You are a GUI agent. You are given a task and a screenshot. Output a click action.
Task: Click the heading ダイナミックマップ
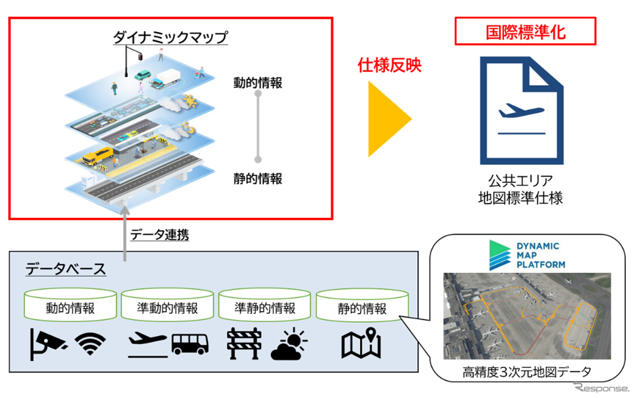point(170,37)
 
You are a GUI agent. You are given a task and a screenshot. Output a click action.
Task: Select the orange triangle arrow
point(389,118)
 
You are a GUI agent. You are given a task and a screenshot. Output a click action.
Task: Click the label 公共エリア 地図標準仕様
point(520,189)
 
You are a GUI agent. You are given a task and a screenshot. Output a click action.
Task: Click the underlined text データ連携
point(160,235)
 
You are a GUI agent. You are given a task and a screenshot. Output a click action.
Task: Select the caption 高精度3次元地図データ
point(526,372)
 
